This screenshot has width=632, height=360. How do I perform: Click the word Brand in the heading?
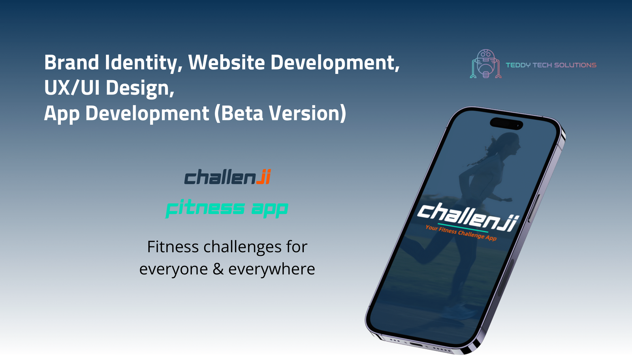coord(71,62)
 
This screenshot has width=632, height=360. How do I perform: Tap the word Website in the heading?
coord(227,62)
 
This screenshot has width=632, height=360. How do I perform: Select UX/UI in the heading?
coord(72,87)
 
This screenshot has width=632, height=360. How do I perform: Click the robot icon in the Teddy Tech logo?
coord(485,64)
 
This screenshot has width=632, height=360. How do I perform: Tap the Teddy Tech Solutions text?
coord(551,65)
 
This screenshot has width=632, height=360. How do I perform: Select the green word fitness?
coord(205,208)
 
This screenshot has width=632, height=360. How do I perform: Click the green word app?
coord(270,210)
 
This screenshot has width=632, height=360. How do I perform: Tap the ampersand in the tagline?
coord(218,269)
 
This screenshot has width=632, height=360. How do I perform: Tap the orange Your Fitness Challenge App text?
coord(461,233)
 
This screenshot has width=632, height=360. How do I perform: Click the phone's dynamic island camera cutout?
coord(506,124)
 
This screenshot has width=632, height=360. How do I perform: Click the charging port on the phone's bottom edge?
coord(416,345)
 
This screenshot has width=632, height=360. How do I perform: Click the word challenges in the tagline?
coord(243,247)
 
